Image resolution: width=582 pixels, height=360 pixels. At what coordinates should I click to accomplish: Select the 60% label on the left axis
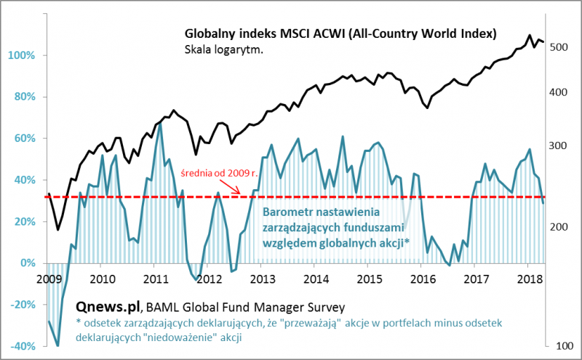[x=22, y=138]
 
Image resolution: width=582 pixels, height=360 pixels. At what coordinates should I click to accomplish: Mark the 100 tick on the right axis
[x=558, y=347]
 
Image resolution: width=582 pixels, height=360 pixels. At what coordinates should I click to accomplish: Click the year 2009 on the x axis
[x=48, y=279]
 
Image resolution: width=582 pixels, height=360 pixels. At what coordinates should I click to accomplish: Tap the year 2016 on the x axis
[x=423, y=279]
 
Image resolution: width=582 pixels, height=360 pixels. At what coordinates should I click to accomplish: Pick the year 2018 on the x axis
[x=530, y=279]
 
